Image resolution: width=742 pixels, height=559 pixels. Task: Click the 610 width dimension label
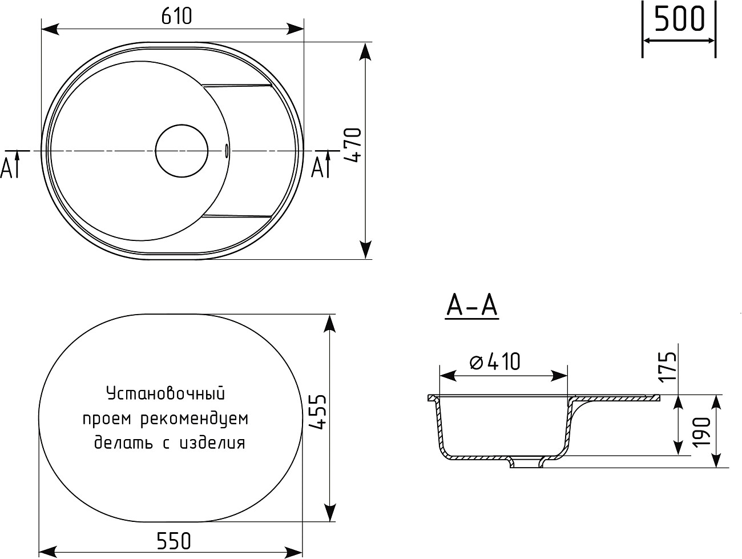[x=176, y=17]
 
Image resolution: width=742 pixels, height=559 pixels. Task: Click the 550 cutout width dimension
[x=172, y=540]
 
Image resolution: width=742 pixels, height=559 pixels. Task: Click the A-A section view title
[x=471, y=307]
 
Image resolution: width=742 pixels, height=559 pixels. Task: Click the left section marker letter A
[x=7, y=167]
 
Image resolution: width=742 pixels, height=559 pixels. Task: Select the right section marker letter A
[x=317, y=167]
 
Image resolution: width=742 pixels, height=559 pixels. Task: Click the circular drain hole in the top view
[x=182, y=151]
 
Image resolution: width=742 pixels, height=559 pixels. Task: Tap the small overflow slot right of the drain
[x=227, y=151]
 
